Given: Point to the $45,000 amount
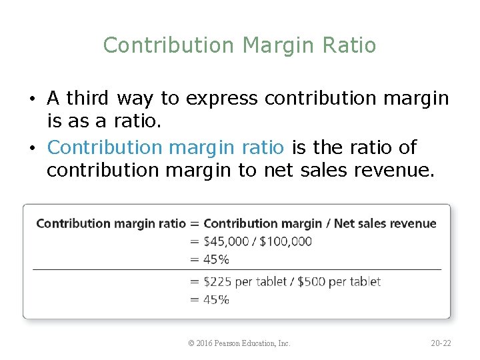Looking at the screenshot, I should [226, 241].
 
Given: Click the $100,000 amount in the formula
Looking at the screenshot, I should [285, 241].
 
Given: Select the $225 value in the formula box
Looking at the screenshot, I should [218, 281].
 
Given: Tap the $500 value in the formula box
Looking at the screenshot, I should [312, 281].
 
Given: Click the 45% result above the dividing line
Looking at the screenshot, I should [216, 259].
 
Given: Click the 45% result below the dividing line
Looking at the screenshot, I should [216, 299].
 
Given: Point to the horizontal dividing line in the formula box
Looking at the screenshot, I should [237, 269].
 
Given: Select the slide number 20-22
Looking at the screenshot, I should [441, 343].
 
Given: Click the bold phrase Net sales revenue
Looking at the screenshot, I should [385, 223].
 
